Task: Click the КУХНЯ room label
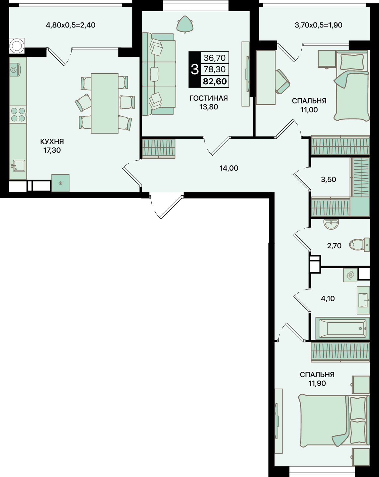[x=52, y=141]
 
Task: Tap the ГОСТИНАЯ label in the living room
[x=208, y=98]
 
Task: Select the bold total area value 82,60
[x=215, y=81]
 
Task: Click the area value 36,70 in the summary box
[x=215, y=58]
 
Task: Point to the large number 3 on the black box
[x=195, y=69]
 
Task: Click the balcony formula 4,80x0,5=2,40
[x=70, y=25]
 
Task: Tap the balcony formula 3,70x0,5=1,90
[x=318, y=25]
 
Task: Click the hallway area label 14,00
[x=229, y=168]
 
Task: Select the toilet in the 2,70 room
[x=359, y=245]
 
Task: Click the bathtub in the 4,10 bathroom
[x=342, y=328]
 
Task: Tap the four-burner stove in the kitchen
[x=18, y=114]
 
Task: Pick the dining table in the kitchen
[x=105, y=103]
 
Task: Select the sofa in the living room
[x=159, y=74]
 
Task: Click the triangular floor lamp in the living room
[x=185, y=24]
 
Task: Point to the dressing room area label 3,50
[x=328, y=179]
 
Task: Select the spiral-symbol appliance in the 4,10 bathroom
[x=350, y=275]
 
